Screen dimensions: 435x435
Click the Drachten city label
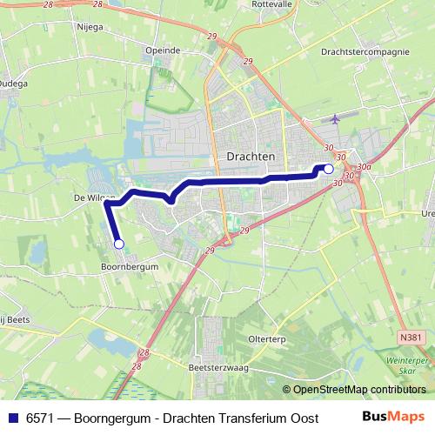coord(250,157)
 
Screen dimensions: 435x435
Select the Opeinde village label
coord(163,50)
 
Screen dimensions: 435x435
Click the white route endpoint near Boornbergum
coord(119,244)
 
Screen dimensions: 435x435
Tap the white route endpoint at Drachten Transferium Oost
coord(329,169)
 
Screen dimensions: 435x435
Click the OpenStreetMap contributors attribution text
coord(358,391)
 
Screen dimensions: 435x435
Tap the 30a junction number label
coord(363,166)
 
